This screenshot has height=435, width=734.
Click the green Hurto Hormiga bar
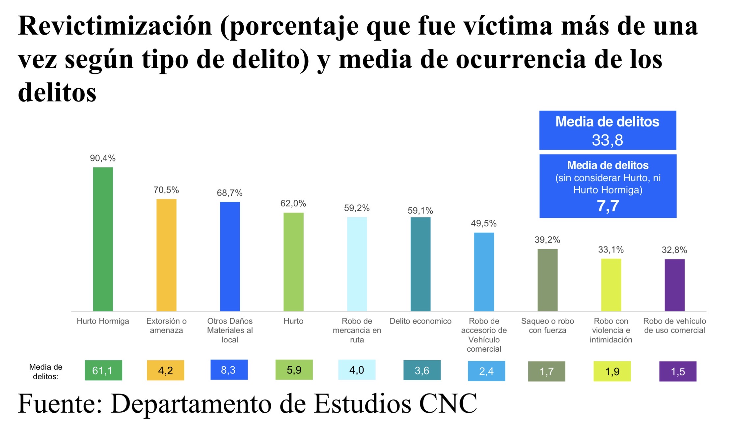[103, 239]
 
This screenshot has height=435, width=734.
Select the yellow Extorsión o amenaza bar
[166, 255]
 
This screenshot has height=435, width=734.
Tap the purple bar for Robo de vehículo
[674, 285]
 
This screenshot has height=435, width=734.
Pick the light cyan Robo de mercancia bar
[357, 264]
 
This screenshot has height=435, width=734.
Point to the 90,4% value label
[103, 159]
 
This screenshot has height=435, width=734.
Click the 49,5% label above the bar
[483, 223]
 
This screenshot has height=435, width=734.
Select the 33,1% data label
[611, 250]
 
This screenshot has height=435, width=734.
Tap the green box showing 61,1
[103, 370]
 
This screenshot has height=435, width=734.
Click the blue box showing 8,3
[229, 370]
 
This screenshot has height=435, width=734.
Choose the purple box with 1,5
[678, 371]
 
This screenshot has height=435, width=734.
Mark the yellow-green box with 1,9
[612, 371]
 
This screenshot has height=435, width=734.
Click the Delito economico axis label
[421, 321]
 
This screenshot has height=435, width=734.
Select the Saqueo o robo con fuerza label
[547, 326]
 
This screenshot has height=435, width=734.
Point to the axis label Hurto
[293, 321]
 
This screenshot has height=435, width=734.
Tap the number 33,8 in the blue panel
[607, 140]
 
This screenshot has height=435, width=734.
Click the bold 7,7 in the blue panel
[608, 206]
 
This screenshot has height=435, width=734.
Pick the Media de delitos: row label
[46, 372]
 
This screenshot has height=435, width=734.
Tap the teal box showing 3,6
[422, 370]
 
